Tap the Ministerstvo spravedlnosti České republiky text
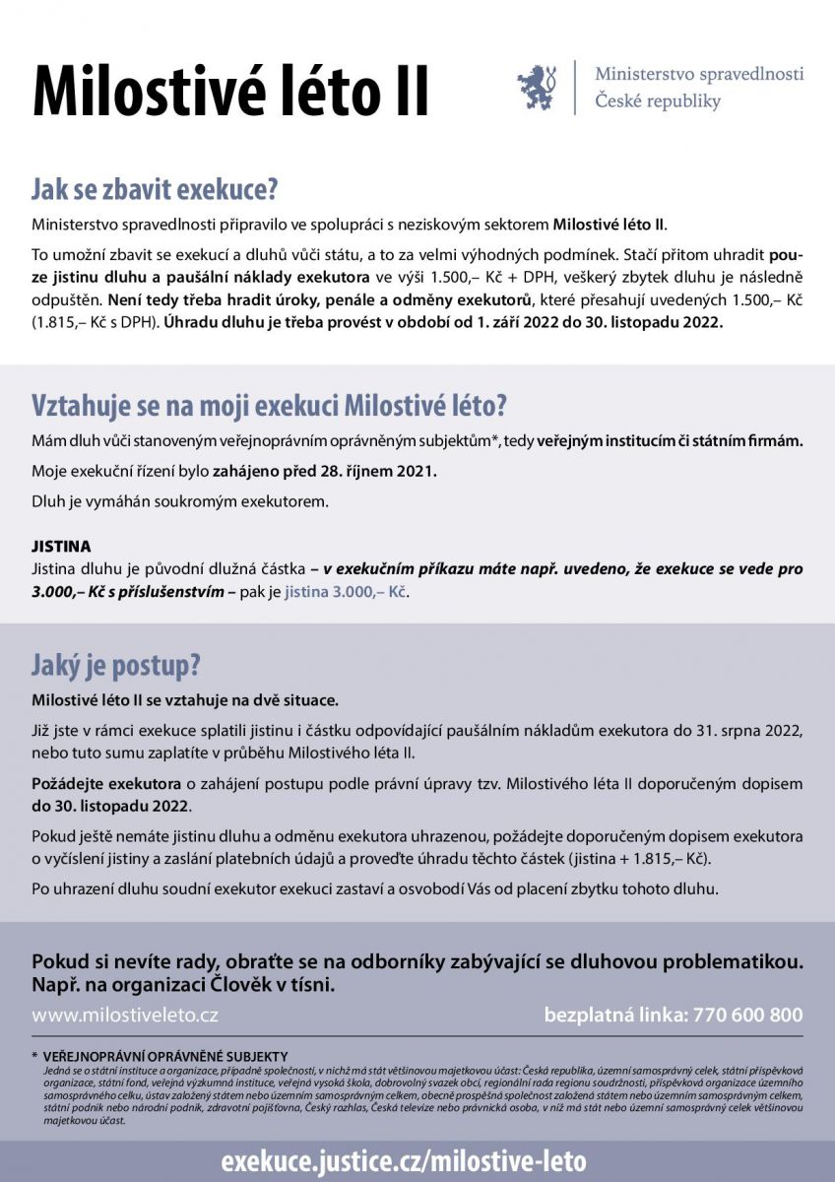[x=698, y=88]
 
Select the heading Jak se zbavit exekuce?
[x=155, y=188]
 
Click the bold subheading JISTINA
[x=61, y=546]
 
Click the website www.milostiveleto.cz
[x=125, y=1015]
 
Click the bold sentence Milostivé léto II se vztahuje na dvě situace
[x=185, y=701]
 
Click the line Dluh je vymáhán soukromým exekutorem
[x=178, y=501]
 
